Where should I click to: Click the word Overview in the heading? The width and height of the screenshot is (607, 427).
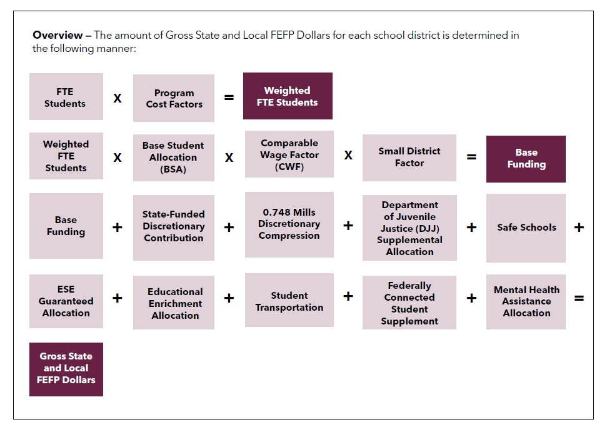[58, 35]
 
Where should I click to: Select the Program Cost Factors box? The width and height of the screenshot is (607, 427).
[174, 98]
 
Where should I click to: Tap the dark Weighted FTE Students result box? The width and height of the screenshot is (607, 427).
[288, 96]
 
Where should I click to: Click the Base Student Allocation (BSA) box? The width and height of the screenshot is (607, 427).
[174, 158]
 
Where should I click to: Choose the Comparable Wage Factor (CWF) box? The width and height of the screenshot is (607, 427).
[289, 155]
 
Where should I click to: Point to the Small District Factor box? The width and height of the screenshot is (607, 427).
[409, 158]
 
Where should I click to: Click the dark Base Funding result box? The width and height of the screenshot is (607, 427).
[526, 159]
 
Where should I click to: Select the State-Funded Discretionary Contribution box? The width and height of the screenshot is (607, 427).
[174, 226]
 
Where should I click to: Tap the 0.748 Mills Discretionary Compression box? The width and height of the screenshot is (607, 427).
[289, 224]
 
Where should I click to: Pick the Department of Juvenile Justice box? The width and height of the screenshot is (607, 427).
[409, 228]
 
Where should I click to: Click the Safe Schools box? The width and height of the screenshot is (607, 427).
[526, 228]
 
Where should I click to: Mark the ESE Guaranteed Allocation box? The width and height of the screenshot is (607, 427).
[66, 301]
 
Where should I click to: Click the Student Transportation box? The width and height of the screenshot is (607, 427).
[289, 301]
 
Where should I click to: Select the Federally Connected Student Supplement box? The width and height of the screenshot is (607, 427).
[409, 303]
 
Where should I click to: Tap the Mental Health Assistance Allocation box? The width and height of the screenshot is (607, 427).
[526, 301]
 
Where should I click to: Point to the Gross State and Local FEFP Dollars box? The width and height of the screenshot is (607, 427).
[66, 369]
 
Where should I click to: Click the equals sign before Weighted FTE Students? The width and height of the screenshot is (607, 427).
[229, 98]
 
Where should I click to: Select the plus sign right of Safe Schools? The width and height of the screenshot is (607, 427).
[579, 228]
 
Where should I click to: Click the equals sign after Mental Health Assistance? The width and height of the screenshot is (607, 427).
[579, 298]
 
